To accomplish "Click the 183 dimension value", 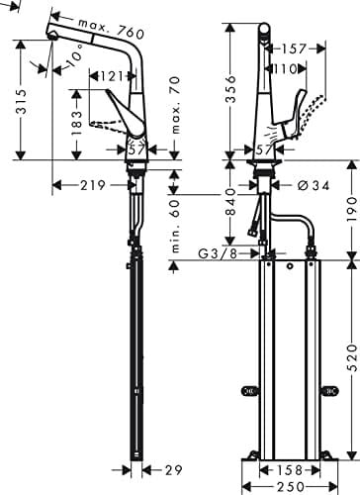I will pyautogui.click(x=75, y=123).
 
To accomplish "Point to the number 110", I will pyautogui.click(x=287, y=68).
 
